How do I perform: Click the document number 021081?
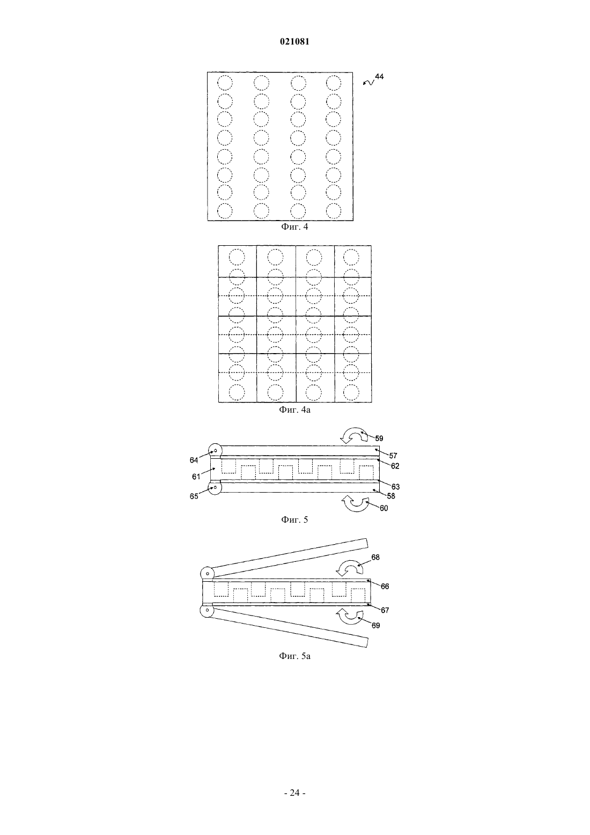point(294,41)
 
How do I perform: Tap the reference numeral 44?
point(379,76)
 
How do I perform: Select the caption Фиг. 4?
point(294,226)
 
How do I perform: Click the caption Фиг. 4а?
point(294,409)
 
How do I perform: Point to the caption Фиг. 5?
point(294,519)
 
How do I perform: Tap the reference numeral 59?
point(379,438)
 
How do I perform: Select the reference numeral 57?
point(393,456)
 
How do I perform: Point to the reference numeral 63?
point(395,487)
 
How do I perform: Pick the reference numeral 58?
point(390,496)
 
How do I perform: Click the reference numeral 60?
point(383,508)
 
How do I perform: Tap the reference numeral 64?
point(194,460)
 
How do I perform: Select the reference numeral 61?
point(196,477)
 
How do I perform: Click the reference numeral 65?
point(194,496)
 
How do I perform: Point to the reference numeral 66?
point(385,587)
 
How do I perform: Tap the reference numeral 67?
point(385,610)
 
